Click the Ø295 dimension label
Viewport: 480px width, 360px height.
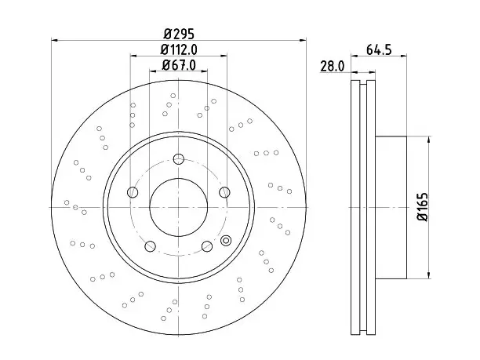tap(179, 34)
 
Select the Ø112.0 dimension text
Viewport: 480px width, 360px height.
tap(179, 49)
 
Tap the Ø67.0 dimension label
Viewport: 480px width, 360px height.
tap(179, 65)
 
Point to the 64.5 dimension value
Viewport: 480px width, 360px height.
tap(379, 49)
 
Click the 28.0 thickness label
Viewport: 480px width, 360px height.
tap(332, 66)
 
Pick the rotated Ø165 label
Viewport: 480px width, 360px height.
tap(423, 207)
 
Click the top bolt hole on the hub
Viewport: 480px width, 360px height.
tap(179, 159)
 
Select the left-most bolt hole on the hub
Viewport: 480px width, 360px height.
tap(133, 192)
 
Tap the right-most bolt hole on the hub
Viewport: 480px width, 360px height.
tap(224, 192)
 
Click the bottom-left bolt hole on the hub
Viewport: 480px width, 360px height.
tap(150, 246)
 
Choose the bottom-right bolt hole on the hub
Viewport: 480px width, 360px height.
tap(207, 246)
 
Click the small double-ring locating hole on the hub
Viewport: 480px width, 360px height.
tap(226, 241)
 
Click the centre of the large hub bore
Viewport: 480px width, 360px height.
tap(179, 207)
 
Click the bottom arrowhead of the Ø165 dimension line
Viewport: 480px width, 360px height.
tap(429, 275)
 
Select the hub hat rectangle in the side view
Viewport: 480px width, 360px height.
tap(391, 208)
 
